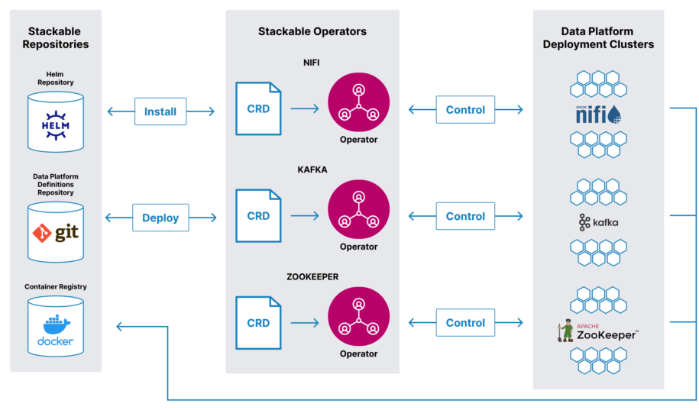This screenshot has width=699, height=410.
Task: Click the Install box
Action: [160, 111]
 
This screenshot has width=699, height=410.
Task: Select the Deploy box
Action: [160, 218]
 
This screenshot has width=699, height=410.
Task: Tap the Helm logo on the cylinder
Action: [56, 125]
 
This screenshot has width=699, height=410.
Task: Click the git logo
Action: [56, 233]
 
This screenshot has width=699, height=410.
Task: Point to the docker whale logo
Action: [56, 331]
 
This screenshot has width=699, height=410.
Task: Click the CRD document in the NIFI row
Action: [258, 108]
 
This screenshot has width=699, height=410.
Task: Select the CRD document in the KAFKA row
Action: [258, 216]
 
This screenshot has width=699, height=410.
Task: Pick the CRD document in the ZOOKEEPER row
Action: [258, 323]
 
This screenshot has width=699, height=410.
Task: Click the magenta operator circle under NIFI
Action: [359, 103]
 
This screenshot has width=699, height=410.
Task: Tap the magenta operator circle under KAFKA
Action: [359, 210]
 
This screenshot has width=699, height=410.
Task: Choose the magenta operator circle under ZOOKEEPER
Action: [359, 317]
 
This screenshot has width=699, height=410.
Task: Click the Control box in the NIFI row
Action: [465, 110]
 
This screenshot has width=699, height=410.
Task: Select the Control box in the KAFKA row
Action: [465, 216]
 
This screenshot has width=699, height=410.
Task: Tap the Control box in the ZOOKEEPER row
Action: [465, 323]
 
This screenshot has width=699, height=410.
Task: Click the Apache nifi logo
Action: [598, 115]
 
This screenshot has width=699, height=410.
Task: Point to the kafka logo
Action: [599, 222]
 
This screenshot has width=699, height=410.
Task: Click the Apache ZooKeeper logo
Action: [598, 331]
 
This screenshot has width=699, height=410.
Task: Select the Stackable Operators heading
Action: [312, 31]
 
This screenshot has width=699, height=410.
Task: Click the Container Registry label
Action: [56, 286]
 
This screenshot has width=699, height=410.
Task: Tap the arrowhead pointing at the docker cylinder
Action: [119, 327]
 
